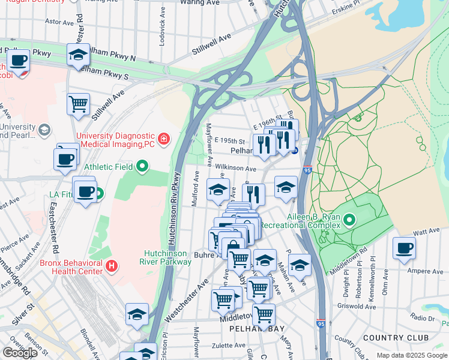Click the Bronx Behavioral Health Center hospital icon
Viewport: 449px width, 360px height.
tap(110, 265)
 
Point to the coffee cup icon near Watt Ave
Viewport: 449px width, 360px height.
tap(404, 248)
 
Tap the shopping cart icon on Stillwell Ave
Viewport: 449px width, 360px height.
tap(78, 104)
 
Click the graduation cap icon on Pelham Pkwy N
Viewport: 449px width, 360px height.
tap(78, 55)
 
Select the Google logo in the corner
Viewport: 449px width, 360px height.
tap(20, 353)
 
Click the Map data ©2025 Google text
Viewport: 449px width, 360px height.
tap(412, 355)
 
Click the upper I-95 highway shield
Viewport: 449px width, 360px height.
tap(307, 170)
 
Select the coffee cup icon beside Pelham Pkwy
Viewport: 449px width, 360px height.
tap(19, 60)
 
